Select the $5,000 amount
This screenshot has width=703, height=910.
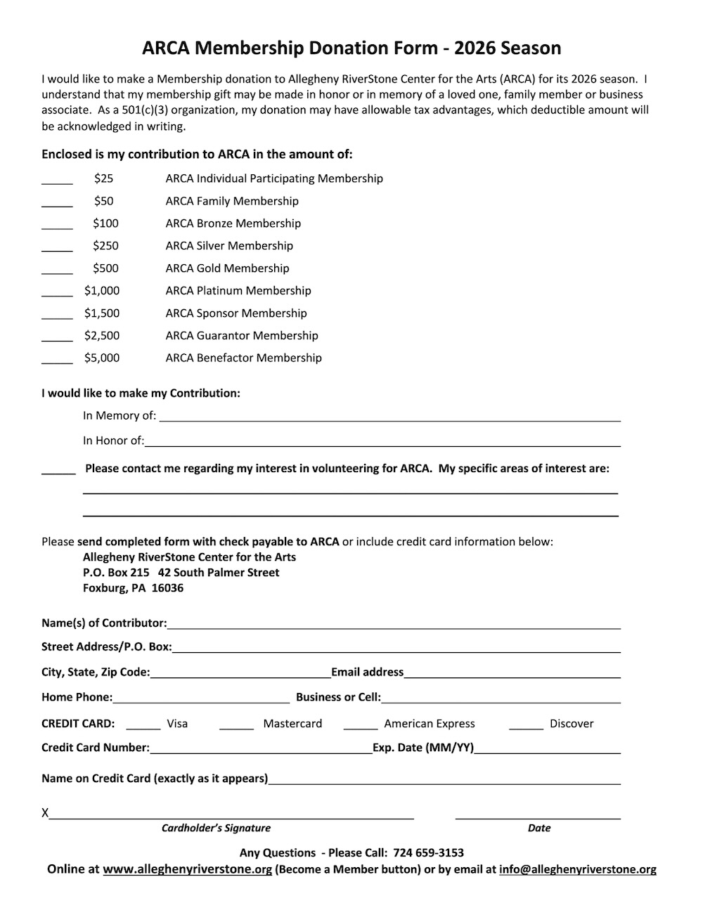pyautogui.click(x=102, y=358)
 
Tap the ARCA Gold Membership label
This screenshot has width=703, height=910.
pyautogui.click(x=227, y=268)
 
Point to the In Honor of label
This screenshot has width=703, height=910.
pyautogui.click(x=113, y=441)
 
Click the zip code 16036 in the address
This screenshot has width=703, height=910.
pyautogui.click(x=167, y=588)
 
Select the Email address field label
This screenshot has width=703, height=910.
pyautogui.click(x=367, y=672)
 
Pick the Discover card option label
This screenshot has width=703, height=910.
pyautogui.click(x=572, y=724)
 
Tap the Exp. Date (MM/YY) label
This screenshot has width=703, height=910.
pyautogui.click(x=423, y=748)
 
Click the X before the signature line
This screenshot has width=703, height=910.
pyautogui.click(x=45, y=813)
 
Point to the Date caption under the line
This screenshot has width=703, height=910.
pyautogui.click(x=539, y=828)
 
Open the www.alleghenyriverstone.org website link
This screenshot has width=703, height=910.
pyautogui.click(x=187, y=870)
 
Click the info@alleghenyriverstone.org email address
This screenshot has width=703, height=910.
pyautogui.click(x=577, y=870)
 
